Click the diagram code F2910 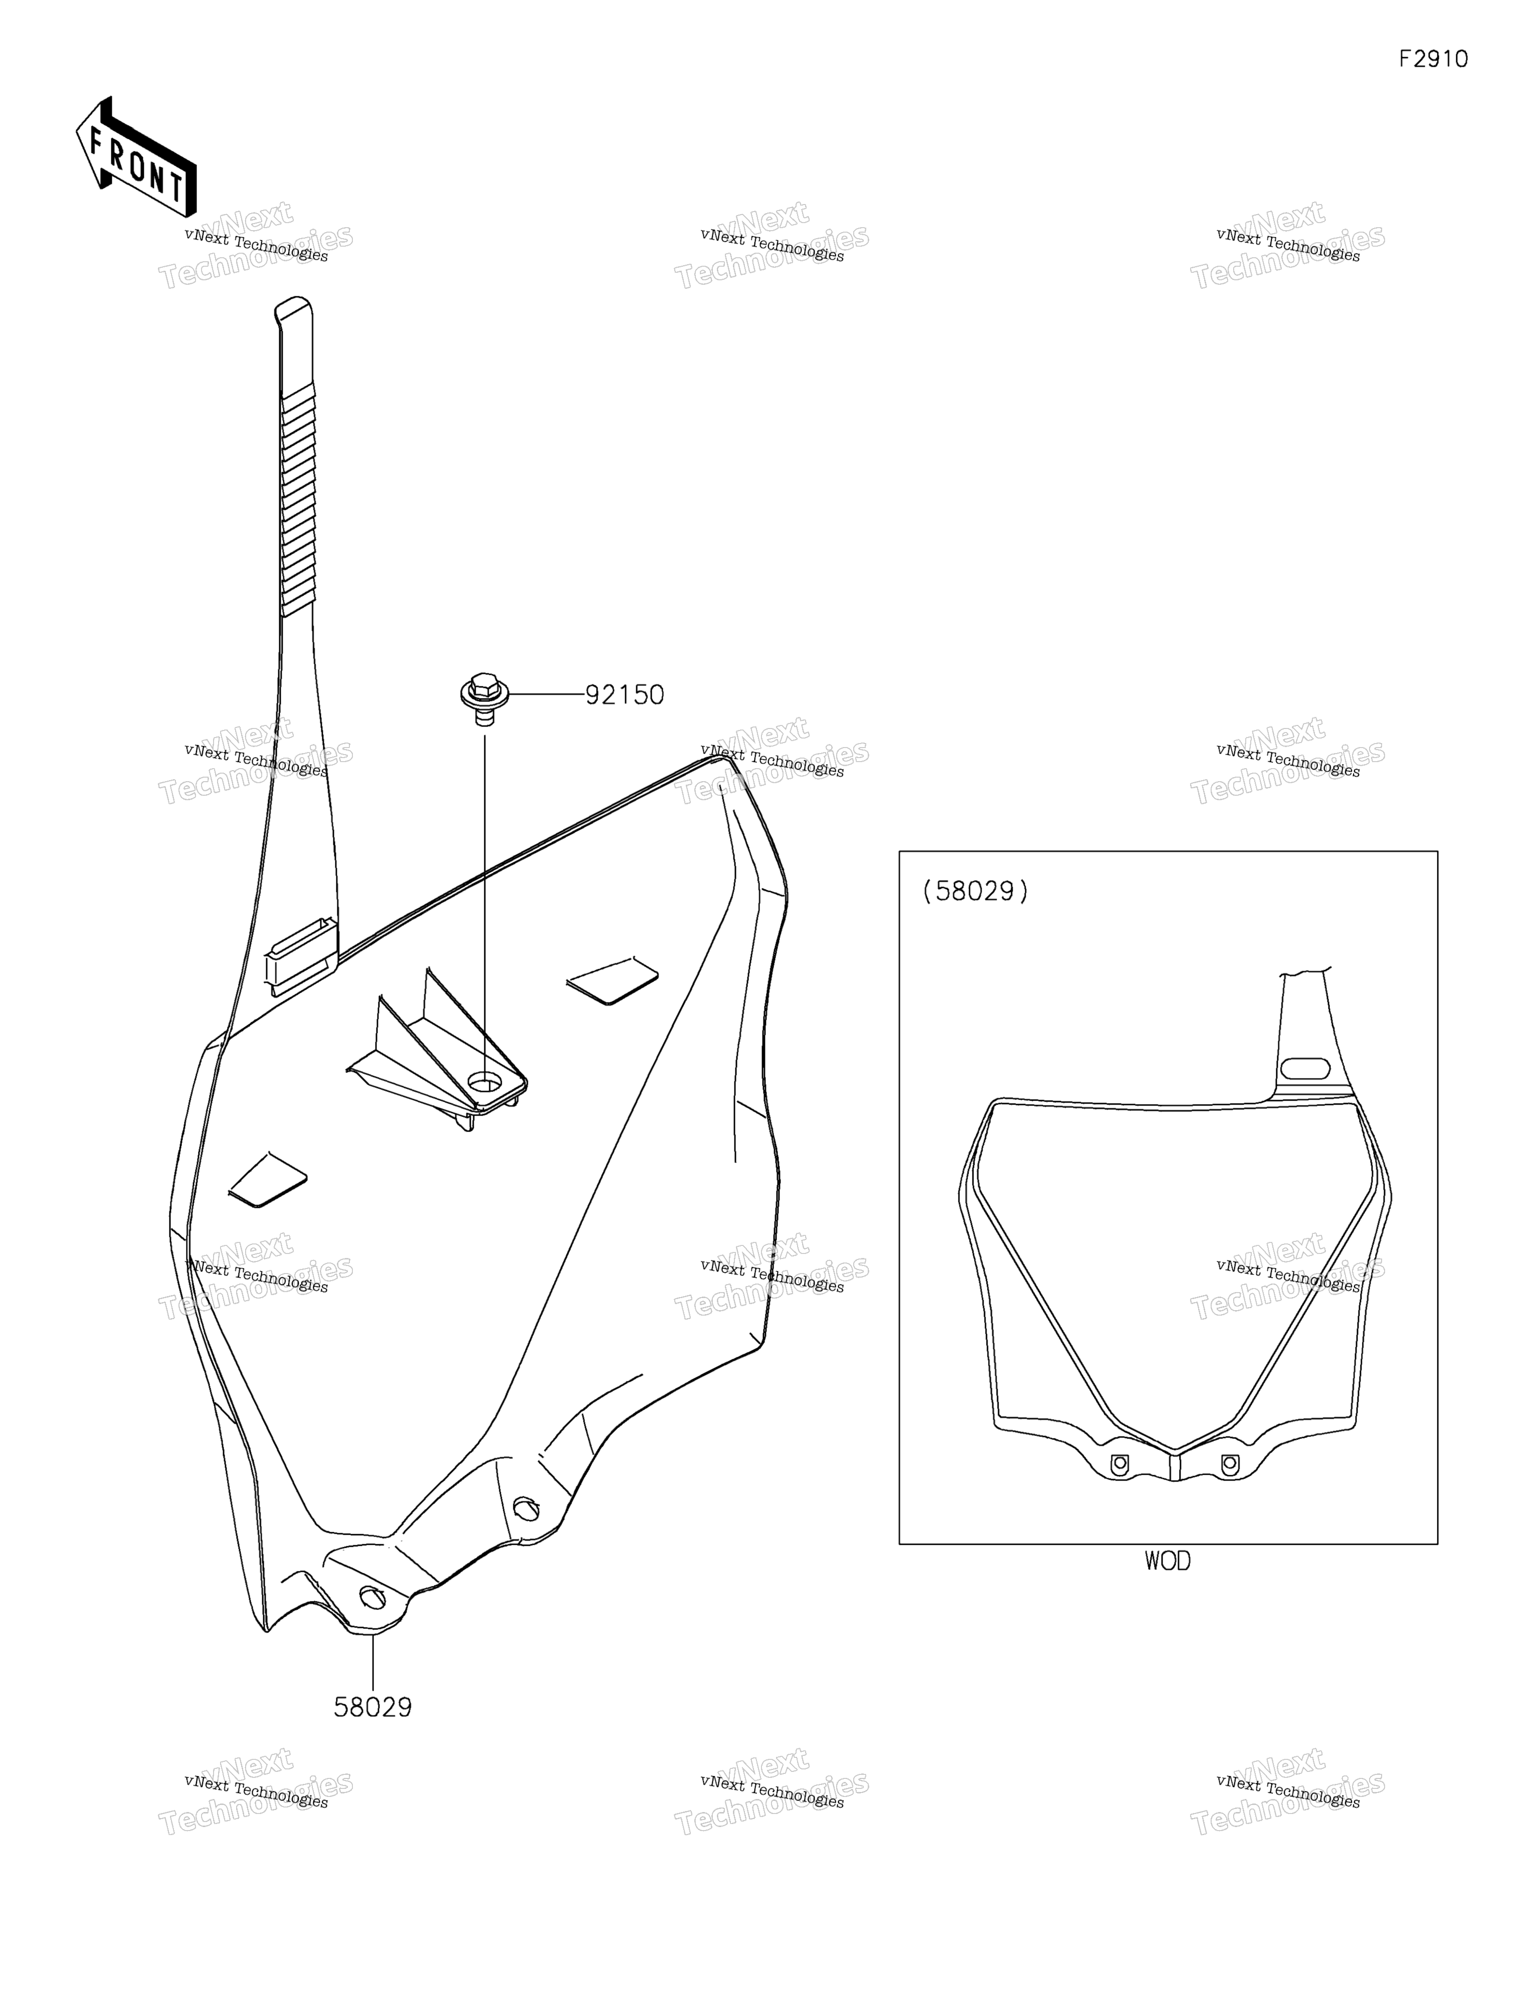[x=1433, y=59]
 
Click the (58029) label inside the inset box [x=975, y=890]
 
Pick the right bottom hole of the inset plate [x=1229, y=1464]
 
